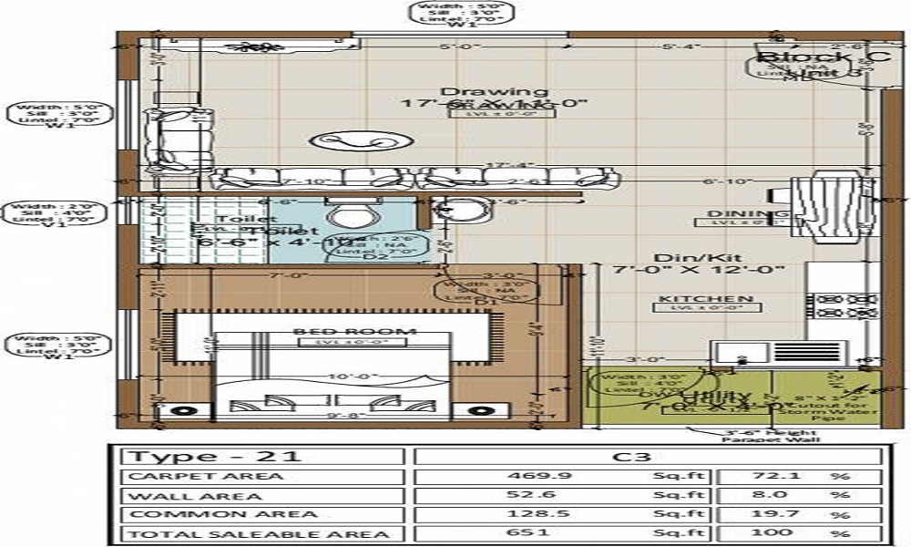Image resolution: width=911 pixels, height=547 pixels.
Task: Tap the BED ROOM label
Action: pos(355,331)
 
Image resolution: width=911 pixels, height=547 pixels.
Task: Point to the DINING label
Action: pos(734,213)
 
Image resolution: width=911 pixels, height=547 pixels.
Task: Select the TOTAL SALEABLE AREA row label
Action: pos(261,533)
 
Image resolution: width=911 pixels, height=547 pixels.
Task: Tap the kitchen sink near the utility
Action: pos(740,352)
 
